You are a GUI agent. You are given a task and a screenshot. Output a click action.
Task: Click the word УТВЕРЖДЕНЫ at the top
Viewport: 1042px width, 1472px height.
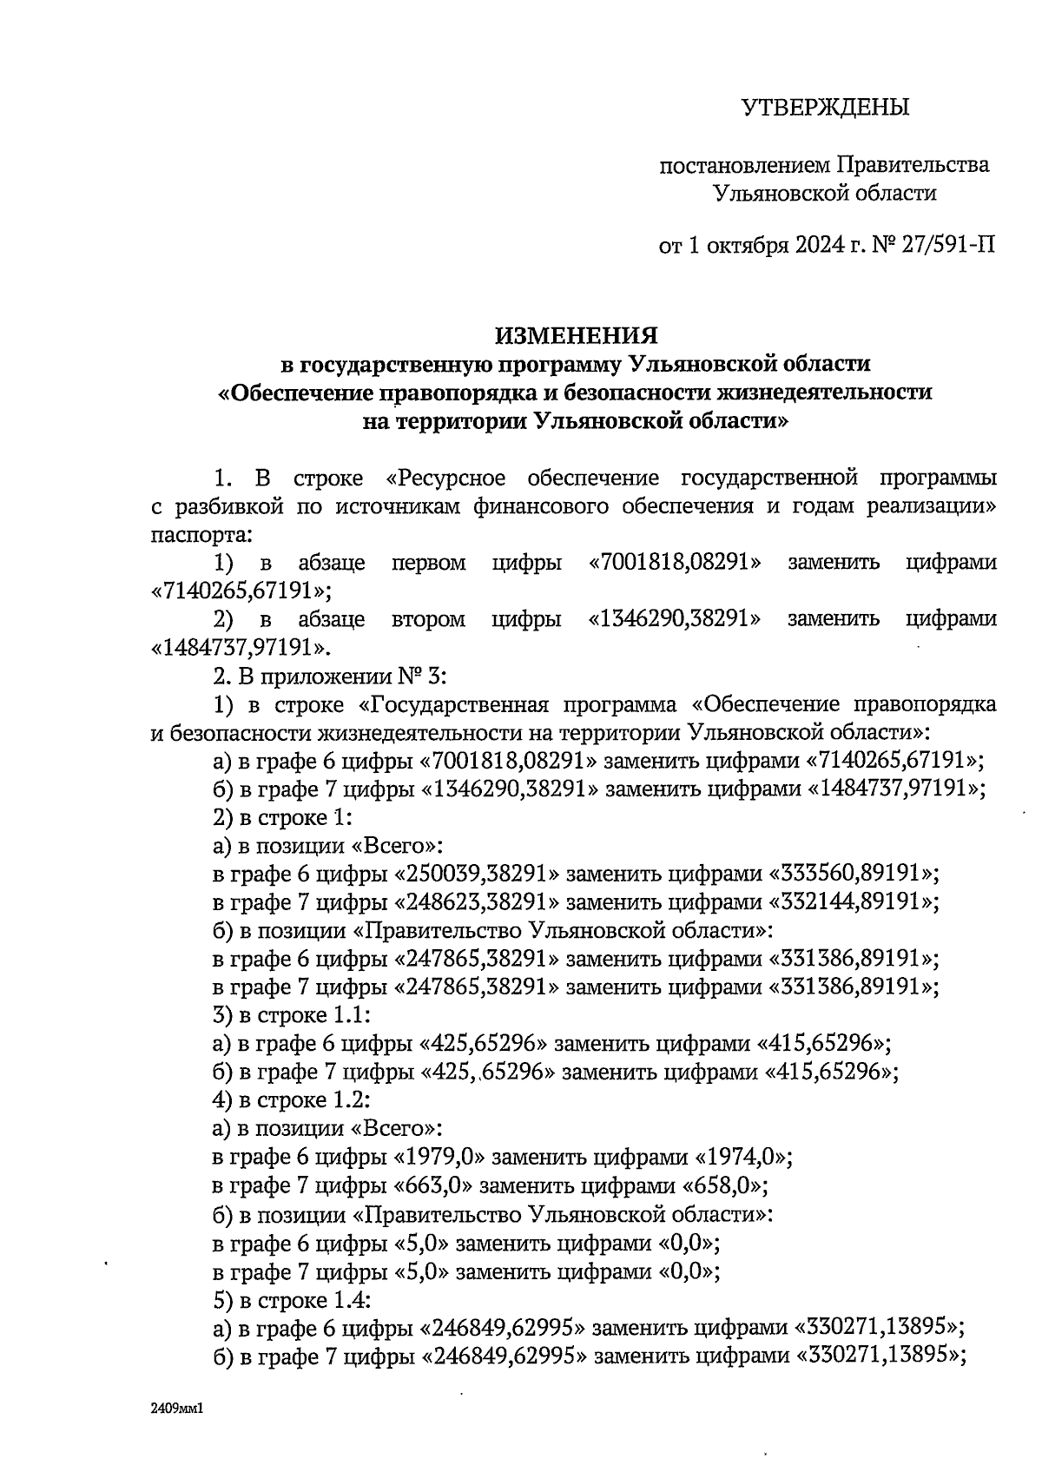(824, 108)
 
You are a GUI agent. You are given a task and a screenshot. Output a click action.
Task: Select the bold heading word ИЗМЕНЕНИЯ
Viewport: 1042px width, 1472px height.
(576, 335)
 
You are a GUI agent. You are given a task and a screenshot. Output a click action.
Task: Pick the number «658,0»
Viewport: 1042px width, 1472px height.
(724, 1186)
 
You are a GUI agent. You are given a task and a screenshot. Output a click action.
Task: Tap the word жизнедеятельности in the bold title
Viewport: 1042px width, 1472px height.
(821, 393)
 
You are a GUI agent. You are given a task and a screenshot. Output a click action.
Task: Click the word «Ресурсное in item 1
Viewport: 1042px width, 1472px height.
(445, 478)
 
